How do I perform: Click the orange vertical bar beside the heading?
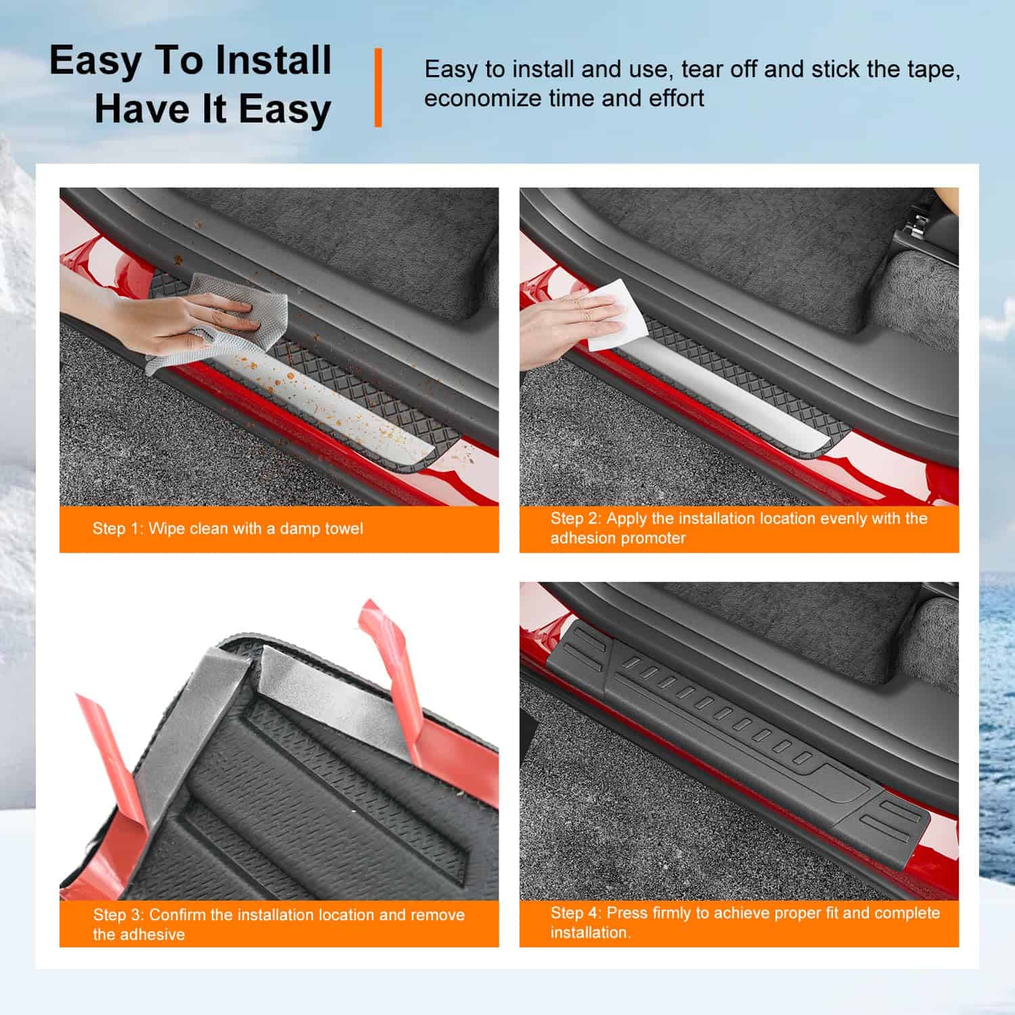coord(378,87)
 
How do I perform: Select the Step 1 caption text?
coord(228,528)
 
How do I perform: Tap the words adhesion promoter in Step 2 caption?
coord(618,538)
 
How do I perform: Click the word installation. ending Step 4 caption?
coord(590,932)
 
